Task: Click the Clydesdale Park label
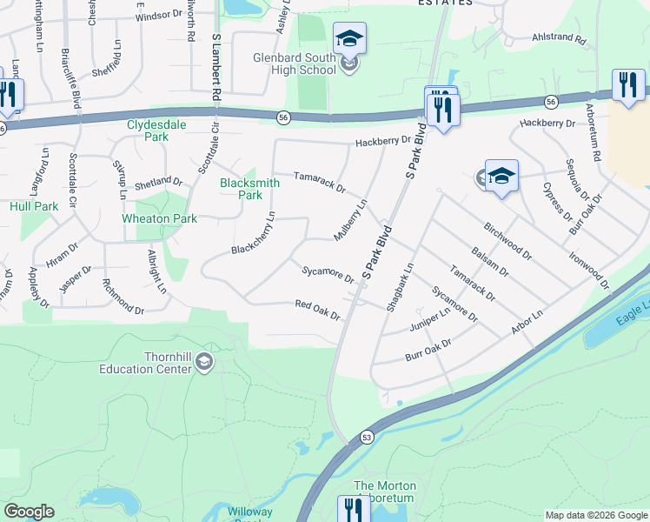(x=159, y=130)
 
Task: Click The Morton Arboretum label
(x=385, y=492)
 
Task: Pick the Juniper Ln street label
(x=428, y=320)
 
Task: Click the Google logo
(x=29, y=512)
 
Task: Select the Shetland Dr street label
(x=158, y=184)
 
